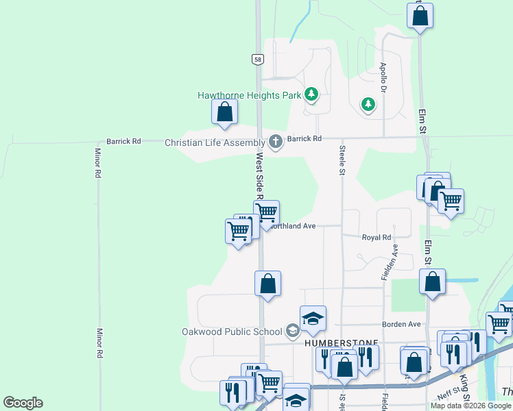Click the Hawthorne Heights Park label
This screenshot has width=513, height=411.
point(250,96)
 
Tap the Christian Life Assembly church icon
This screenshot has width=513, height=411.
point(276,142)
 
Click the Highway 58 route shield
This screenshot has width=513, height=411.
point(257,60)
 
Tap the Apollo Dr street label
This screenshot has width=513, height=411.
point(383,79)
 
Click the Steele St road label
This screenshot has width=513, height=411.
point(341,160)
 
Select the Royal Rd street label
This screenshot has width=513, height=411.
point(377,238)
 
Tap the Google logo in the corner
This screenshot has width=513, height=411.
point(23,403)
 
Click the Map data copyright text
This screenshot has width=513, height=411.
point(470,406)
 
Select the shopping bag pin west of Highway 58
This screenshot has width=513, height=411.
point(224,112)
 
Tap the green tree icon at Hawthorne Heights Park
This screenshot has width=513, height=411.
point(311,94)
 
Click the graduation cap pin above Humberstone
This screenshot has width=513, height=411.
point(313,318)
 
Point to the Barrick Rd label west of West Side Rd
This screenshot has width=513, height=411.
point(123,141)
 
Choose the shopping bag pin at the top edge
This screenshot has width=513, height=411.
point(420,14)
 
